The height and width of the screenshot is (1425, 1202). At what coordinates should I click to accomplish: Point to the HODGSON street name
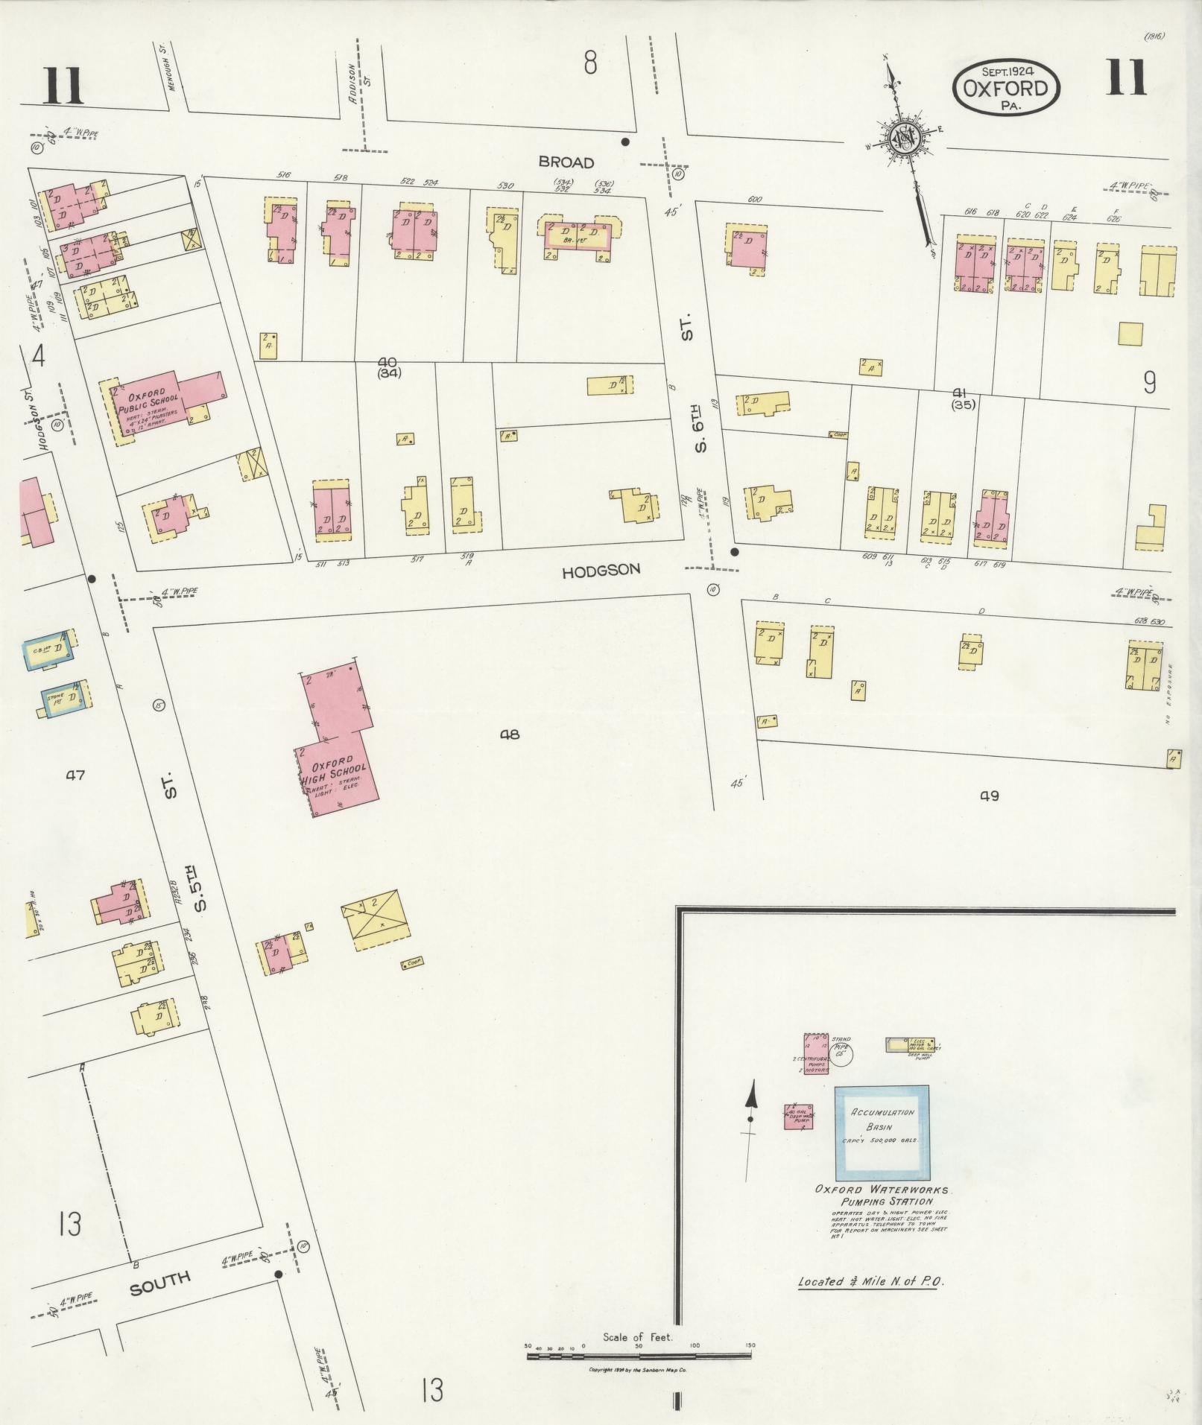pos(601,571)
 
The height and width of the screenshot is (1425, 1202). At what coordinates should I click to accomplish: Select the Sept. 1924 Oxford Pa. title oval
pos(1006,88)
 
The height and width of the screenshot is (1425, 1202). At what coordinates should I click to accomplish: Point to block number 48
pos(510,734)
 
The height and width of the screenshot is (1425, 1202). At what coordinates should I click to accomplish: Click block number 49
pos(990,796)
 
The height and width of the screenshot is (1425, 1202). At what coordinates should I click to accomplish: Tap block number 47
pos(75,775)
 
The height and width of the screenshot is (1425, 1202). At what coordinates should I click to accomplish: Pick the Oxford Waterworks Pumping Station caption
pos(882,1196)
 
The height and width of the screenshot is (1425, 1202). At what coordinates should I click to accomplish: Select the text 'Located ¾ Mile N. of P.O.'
pos(870,1282)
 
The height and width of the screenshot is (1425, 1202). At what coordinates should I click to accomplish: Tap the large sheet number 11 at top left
pos(63,87)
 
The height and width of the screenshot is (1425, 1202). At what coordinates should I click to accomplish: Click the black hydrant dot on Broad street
pos(625,142)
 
